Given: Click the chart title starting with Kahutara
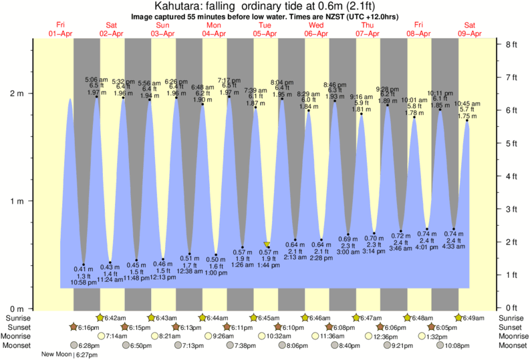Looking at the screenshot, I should (265, 5).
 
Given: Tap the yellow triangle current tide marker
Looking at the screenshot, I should (267, 245).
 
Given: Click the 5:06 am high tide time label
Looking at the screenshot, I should (96, 79).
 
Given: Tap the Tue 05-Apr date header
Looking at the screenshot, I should (265, 29).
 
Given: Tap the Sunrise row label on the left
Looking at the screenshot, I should (17, 318).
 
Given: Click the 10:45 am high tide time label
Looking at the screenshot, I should (467, 104).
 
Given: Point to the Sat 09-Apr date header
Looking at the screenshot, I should (471, 29).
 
